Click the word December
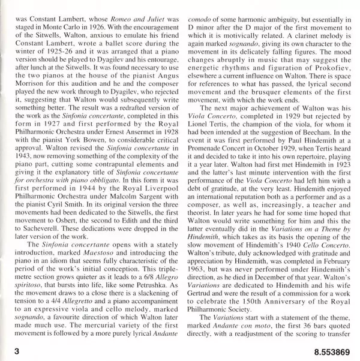[x=262, y=273]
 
